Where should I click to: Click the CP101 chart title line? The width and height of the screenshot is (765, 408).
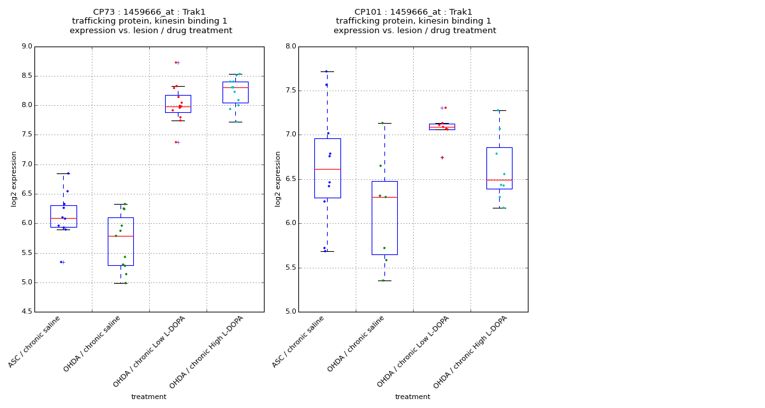point(414,12)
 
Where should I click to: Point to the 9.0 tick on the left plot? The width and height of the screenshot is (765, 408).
point(26,47)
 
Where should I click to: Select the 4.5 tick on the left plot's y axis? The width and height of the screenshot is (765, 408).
point(26,312)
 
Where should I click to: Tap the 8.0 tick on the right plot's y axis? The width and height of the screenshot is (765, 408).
point(290,47)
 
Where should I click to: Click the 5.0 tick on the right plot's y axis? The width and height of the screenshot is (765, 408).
point(290,312)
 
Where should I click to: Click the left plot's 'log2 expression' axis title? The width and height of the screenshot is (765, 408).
point(14,179)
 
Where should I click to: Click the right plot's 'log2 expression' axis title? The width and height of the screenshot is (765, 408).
point(278,179)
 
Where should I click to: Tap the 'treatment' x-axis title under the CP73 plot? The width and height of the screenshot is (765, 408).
point(149,397)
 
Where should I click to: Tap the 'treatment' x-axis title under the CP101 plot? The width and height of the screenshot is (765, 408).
point(412,397)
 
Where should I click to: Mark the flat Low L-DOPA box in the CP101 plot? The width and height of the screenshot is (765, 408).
point(442,127)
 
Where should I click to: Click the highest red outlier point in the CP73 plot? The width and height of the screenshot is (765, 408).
point(176,62)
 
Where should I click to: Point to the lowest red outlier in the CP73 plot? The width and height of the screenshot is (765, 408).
point(176,142)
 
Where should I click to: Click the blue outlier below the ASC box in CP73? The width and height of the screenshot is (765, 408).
point(61,262)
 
